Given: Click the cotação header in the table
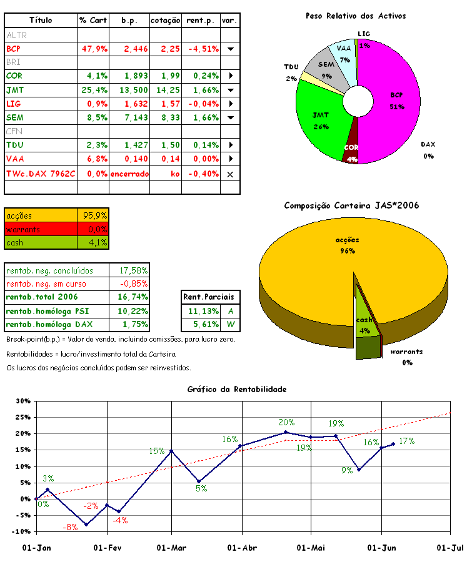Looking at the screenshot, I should tap(166, 21).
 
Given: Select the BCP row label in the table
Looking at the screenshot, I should tap(14, 48).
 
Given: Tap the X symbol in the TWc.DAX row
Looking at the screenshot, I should tap(230, 174).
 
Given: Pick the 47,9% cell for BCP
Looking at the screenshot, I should tap(94, 48).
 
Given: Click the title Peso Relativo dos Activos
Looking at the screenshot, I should tap(355, 16).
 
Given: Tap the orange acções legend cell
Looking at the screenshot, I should tap(40, 215).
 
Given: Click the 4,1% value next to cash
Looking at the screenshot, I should tap(94, 243).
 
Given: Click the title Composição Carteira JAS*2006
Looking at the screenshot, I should tap(351, 205).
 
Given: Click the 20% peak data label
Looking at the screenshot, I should tap(286, 422).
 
